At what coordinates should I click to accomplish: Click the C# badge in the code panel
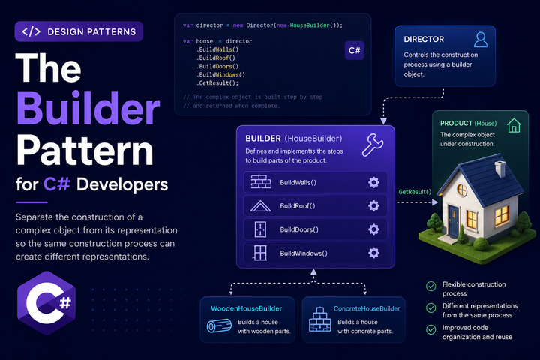[354, 51]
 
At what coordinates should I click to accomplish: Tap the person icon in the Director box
[481, 40]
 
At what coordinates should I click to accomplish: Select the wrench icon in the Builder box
[372, 145]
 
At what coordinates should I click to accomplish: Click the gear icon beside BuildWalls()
[373, 182]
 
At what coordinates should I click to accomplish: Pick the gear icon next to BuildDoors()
[373, 229]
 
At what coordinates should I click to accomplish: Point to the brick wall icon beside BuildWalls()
[261, 182]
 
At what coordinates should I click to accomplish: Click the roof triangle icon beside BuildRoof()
[260, 206]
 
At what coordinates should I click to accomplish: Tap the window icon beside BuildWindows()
[260, 253]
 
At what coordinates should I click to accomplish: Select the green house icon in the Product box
[514, 125]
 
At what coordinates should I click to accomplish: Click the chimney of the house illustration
[500, 169]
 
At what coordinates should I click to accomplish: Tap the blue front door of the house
[454, 220]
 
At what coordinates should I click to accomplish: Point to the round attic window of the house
[462, 190]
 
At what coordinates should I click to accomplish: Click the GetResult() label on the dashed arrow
[415, 192]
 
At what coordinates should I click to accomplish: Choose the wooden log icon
[219, 326]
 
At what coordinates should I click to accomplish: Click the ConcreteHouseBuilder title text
[367, 308]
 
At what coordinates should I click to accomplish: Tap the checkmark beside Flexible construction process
[430, 286]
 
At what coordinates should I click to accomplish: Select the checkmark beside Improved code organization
[430, 329]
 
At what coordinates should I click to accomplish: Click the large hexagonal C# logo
[46, 303]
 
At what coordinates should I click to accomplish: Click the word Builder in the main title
[88, 109]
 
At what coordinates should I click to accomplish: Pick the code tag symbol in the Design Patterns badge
[31, 31]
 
